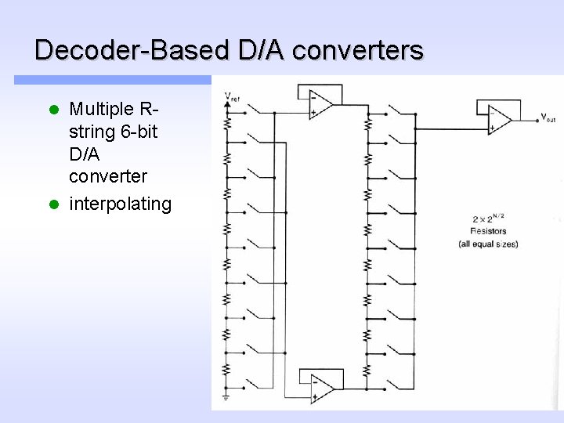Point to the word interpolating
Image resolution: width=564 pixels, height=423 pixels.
click(120, 204)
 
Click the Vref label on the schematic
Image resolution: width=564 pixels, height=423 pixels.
click(233, 97)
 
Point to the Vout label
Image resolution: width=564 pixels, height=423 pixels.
click(549, 117)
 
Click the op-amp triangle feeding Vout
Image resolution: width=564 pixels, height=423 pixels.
click(499, 118)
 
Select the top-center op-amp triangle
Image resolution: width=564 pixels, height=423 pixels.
click(320, 104)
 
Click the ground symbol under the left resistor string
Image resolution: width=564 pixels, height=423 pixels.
click(226, 398)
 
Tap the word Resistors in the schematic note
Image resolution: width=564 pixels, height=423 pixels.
click(488, 231)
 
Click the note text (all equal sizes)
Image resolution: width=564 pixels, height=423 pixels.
click(488, 244)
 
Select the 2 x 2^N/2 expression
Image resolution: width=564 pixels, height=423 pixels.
click(489, 219)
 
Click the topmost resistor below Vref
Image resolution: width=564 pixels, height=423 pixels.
click(226, 122)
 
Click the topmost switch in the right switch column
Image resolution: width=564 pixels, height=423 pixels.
click(403, 111)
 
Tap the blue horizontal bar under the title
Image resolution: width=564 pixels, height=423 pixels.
click(113, 80)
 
